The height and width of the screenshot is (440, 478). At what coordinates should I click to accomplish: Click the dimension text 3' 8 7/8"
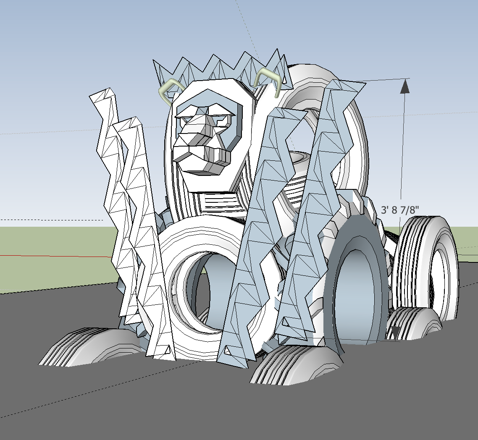(x=400, y=210)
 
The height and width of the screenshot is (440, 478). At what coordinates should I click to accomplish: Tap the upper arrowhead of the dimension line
(x=405, y=86)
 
